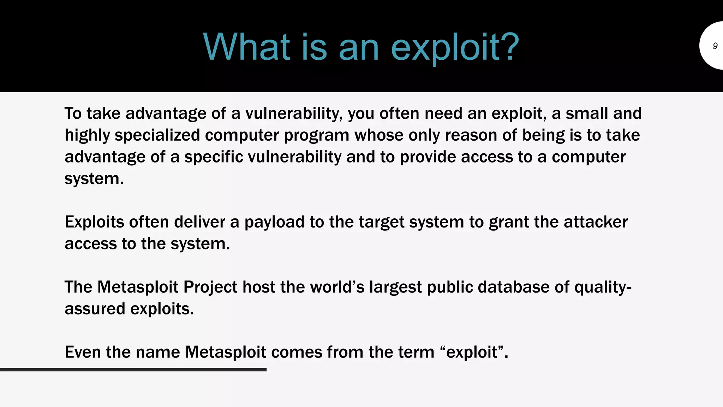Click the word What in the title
[246, 47]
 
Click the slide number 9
[715, 46]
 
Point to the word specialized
[157, 135]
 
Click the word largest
[395, 287]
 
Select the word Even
[83, 352]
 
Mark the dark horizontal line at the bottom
[133, 370]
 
